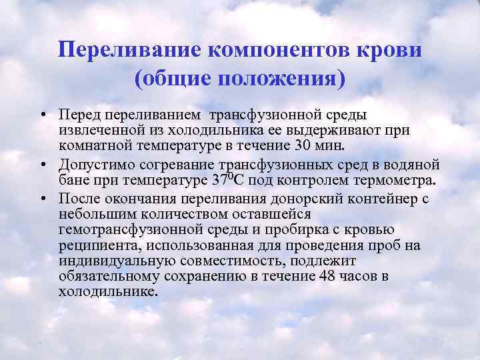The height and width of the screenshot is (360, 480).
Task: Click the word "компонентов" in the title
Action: [278, 49]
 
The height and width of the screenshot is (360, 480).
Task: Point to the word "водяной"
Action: [414, 164]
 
